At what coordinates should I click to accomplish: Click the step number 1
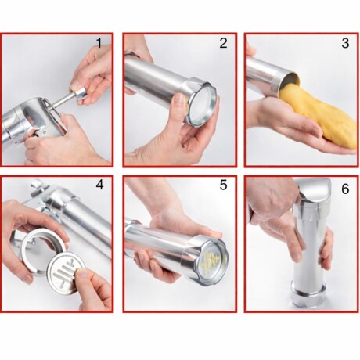99,43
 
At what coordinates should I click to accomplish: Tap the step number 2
223,43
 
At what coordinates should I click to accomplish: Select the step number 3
345,43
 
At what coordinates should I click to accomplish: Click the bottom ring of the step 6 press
308,297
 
